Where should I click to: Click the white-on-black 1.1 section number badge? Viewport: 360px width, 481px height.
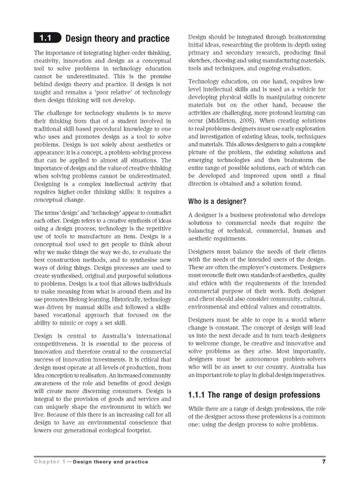tap(45, 39)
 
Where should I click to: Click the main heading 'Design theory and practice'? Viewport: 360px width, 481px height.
tap(117, 39)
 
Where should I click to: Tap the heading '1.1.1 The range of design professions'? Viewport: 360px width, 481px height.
tap(254, 395)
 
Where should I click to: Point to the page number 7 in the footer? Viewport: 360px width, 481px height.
tap(324, 462)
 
